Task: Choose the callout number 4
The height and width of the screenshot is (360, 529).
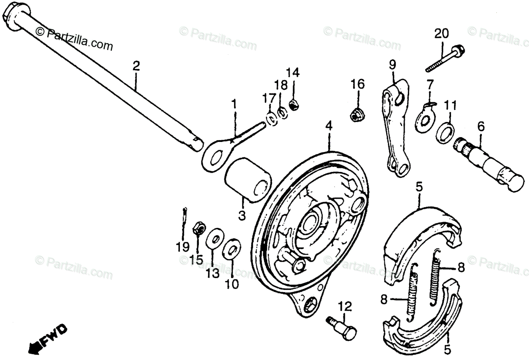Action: (329, 126)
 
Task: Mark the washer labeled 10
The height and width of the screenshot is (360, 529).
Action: (232, 249)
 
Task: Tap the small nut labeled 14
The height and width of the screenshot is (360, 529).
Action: (292, 105)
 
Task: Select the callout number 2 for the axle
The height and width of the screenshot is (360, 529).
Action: (136, 67)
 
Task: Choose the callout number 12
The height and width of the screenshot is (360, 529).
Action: (346, 305)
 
